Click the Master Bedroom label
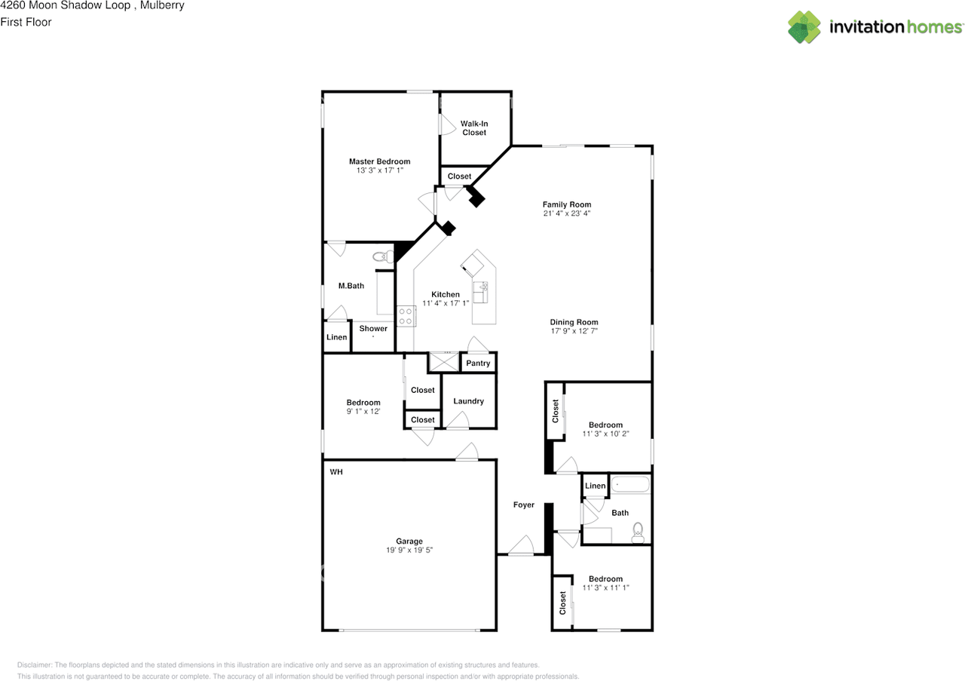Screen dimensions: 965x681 (x=379, y=161)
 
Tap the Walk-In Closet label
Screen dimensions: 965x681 (x=474, y=128)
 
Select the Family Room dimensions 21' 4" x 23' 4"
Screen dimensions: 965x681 (x=566, y=213)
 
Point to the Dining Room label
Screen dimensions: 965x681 (x=574, y=322)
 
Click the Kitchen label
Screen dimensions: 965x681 (x=446, y=294)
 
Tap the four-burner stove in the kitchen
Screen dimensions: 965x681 (x=406, y=316)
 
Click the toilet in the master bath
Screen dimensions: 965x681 (x=383, y=257)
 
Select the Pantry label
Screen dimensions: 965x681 (x=478, y=364)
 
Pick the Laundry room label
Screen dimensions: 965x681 (x=468, y=401)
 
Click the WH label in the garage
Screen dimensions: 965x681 (x=336, y=472)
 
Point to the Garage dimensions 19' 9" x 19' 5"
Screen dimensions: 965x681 (x=409, y=550)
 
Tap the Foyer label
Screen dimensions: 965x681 (x=523, y=505)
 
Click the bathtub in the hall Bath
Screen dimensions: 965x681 (x=630, y=484)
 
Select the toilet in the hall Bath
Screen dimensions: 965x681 (x=638, y=532)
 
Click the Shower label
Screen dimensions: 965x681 (x=373, y=328)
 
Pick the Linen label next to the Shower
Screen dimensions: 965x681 (x=336, y=337)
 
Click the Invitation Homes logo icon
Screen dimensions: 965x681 (x=804, y=26)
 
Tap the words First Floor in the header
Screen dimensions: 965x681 (x=26, y=22)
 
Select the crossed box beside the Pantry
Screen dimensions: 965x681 (x=443, y=362)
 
